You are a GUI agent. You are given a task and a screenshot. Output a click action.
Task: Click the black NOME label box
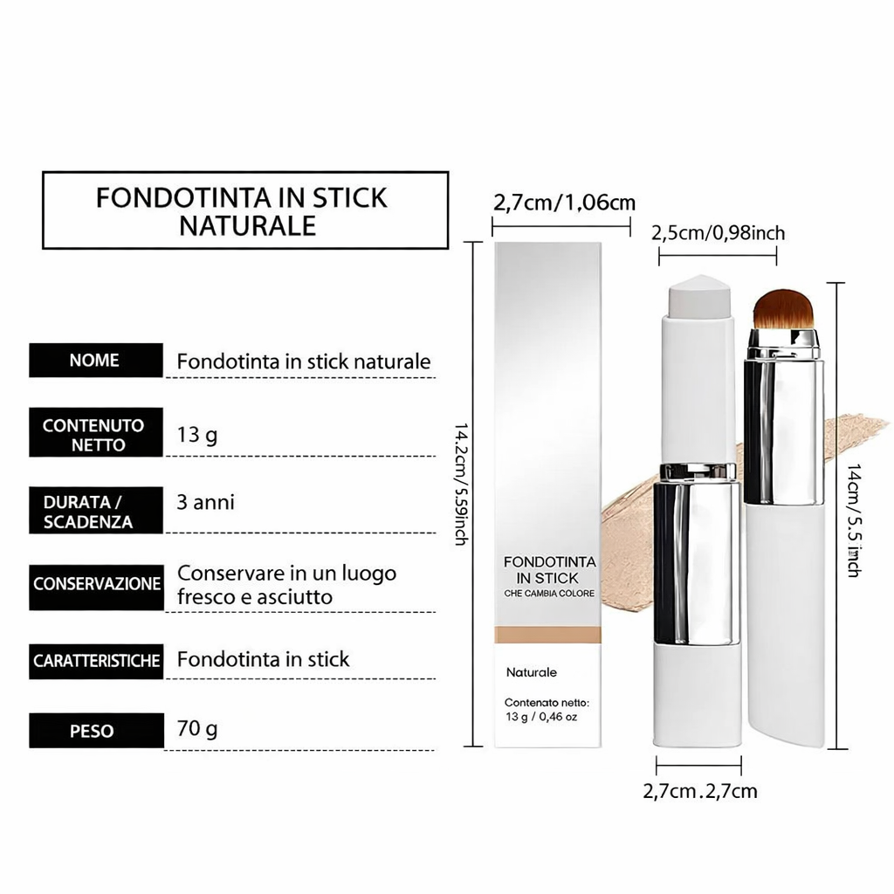coord(96,360)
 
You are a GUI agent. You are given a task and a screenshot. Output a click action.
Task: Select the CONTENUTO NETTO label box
coord(96,432)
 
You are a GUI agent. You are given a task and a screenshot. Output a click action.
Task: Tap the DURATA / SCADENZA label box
coord(96,510)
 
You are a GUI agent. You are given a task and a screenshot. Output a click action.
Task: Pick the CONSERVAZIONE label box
coord(96,588)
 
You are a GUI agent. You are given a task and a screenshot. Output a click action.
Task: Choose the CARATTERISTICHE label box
coord(96,662)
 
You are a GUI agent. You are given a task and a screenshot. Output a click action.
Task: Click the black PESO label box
coord(96,731)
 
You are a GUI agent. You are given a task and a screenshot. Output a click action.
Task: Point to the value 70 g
coord(197,729)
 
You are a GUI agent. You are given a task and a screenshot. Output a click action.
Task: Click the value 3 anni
coord(205,502)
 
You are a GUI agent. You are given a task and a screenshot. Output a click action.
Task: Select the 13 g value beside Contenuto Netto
coord(197,435)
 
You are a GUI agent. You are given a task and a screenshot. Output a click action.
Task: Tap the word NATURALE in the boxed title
coord(247,226)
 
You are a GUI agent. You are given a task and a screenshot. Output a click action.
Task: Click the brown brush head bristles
coord(785,309)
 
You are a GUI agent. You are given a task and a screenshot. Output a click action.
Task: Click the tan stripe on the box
coord(547,635)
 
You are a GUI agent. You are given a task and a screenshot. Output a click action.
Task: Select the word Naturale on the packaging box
coord(532,673)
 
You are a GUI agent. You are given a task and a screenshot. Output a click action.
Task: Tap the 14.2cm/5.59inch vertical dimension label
coord(461,484)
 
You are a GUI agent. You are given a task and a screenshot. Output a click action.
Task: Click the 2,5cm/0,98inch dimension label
coord(718,233)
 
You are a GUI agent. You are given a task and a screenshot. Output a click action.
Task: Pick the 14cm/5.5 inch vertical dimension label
coord(854,520)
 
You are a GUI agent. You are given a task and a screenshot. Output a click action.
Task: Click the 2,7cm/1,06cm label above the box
coord(564,203)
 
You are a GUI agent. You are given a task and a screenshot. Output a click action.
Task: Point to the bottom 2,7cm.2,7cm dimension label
coord(700,791)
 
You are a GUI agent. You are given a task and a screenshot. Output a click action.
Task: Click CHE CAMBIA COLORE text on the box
coord(549,594)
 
